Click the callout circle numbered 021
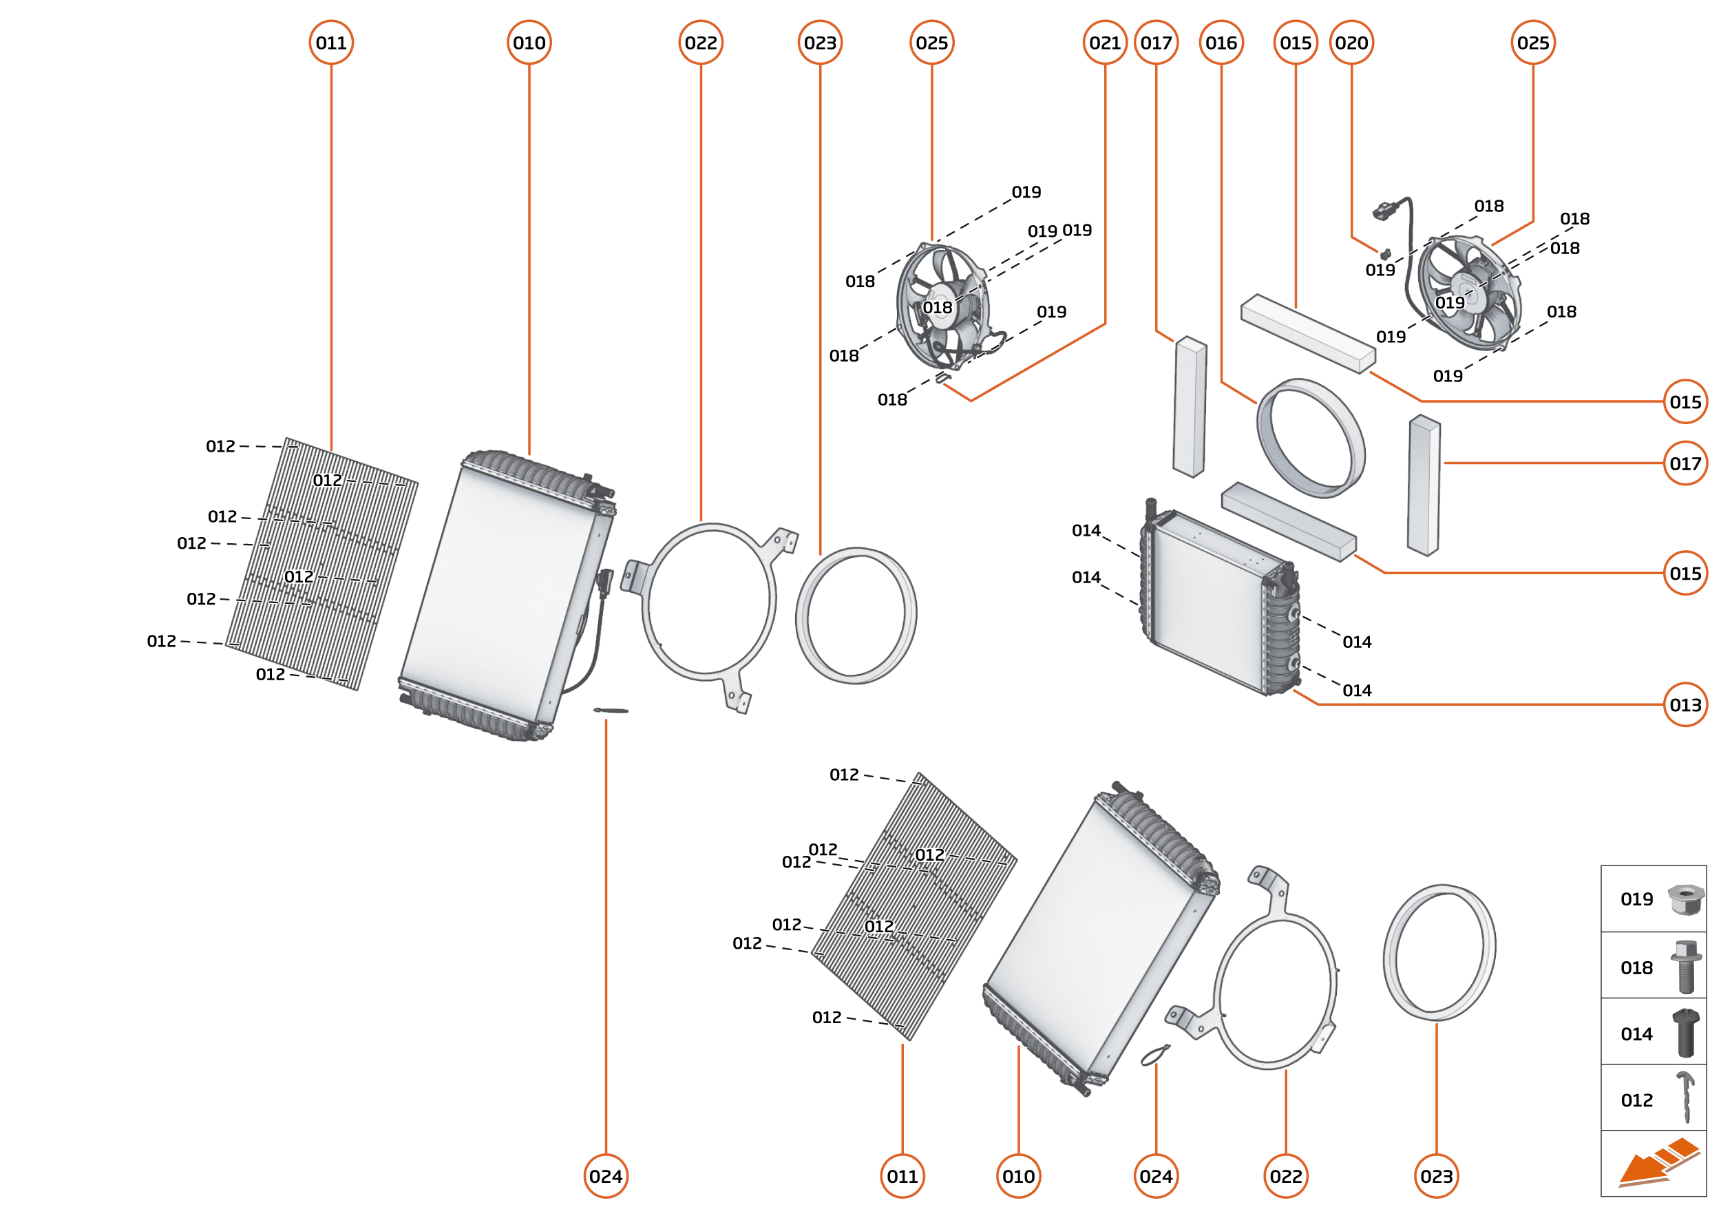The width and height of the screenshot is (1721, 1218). (1105, 43)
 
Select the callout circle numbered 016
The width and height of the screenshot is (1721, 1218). (1221, 43)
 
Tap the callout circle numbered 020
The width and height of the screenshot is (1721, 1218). (1351, 43)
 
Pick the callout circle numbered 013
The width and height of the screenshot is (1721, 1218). (1685, 704)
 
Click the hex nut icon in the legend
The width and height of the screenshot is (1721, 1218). (1685, 899)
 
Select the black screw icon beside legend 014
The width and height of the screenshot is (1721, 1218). (1685, 1033)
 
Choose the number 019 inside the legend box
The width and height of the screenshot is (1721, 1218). (1636, 899)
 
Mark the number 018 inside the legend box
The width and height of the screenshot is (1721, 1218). (1636, 967)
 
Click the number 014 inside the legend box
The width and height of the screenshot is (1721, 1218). (1636, 1034)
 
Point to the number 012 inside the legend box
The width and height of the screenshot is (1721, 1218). (1636, 1100)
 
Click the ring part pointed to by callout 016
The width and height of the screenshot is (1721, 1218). (1311, 438)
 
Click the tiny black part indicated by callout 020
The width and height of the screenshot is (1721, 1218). (1385, 255)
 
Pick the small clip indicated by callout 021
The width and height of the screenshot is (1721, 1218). (942, 377)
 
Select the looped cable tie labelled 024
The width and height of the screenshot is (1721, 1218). (1155, 1055)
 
